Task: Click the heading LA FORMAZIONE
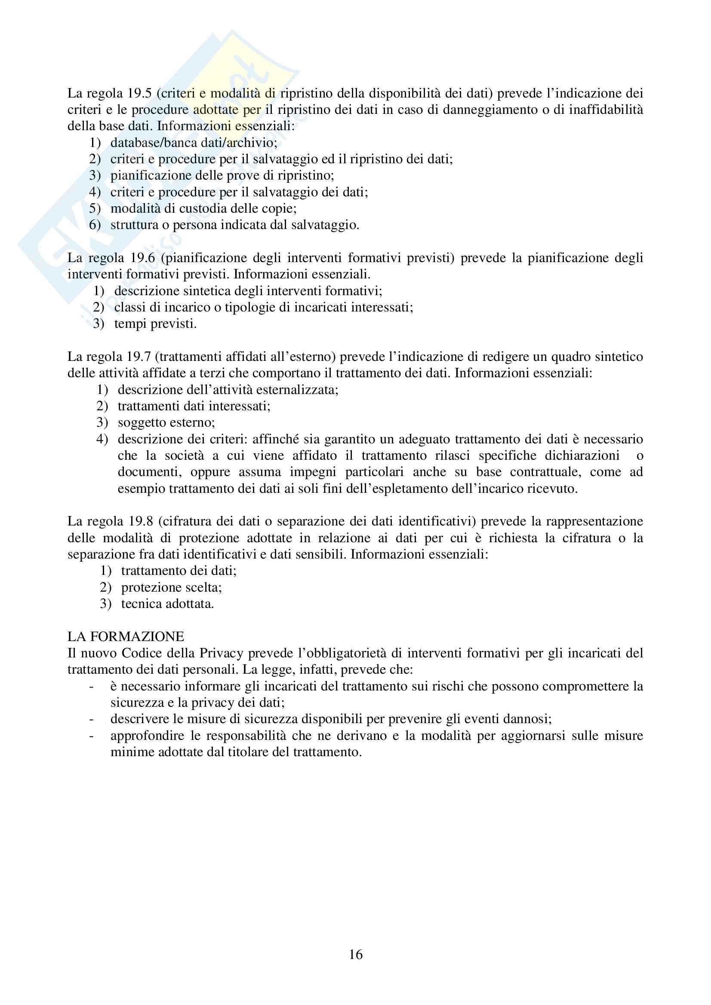[126, 636]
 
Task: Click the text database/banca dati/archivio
[194, 143]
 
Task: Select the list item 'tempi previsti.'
[156, 324]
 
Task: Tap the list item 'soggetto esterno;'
[166, 422]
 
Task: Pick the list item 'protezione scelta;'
[171, 587]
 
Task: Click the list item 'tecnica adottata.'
[167, 604]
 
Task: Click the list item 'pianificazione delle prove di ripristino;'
[222, 176]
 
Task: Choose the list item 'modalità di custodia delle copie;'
[203, 208]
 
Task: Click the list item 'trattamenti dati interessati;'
[194, 406]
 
